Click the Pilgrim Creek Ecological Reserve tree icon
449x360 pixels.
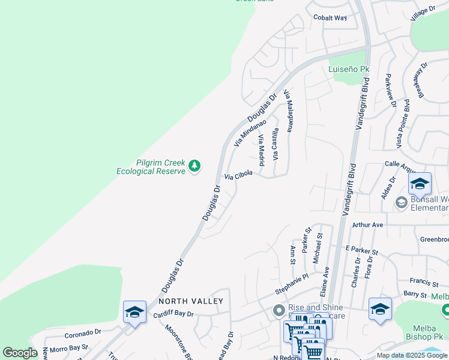(194, 165)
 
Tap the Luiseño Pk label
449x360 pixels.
(349, 70)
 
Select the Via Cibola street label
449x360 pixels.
(238, 175)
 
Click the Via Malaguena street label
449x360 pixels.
(290, 112)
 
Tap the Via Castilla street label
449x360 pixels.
(276, 145)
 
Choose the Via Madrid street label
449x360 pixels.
(262, 151)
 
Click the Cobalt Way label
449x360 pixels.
(330, 17)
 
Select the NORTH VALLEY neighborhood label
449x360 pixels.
(191, 301)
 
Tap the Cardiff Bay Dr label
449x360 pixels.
(173, 314)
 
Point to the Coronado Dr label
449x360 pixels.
(83, 332)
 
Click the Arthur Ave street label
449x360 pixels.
(367, 225)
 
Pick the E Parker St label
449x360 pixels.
(361, 248)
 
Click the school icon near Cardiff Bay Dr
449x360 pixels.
(135, 312)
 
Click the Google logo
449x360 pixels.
(20, 353)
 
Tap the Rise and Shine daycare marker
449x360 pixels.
(279, 310)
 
